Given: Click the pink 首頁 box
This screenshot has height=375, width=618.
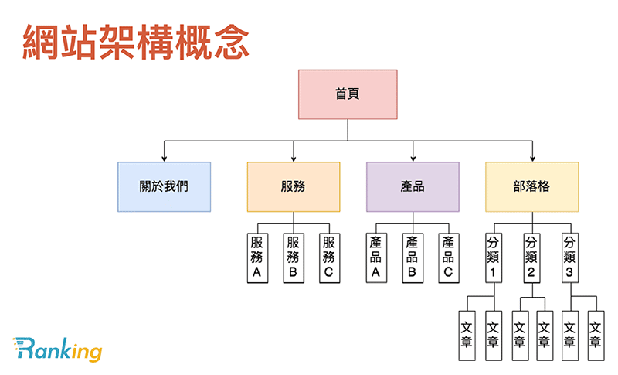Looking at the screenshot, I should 348,94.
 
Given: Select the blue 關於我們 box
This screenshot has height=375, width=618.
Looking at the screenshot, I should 164,186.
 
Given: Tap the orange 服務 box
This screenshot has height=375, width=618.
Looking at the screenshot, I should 294,186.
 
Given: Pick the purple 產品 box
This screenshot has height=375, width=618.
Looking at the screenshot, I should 413,186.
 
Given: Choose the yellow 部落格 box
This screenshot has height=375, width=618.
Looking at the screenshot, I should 531,186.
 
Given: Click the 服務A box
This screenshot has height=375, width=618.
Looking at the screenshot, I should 257,257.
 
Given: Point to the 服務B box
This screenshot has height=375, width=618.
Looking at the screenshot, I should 293,257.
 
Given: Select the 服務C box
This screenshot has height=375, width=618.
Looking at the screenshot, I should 329,257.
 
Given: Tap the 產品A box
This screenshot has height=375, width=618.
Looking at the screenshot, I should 376,257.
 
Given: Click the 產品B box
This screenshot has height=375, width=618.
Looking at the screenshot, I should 412,257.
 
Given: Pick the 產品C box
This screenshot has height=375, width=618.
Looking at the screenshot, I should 448,257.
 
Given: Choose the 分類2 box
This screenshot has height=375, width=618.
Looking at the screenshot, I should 531,257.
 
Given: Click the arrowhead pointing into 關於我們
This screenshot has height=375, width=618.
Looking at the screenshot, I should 164,158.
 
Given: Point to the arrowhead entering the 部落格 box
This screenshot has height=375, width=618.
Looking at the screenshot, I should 531,158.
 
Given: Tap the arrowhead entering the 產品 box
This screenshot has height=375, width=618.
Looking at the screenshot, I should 413,158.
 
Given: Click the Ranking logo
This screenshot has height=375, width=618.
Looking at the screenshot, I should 57,350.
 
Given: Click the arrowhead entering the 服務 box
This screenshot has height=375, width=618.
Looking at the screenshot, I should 294,158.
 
